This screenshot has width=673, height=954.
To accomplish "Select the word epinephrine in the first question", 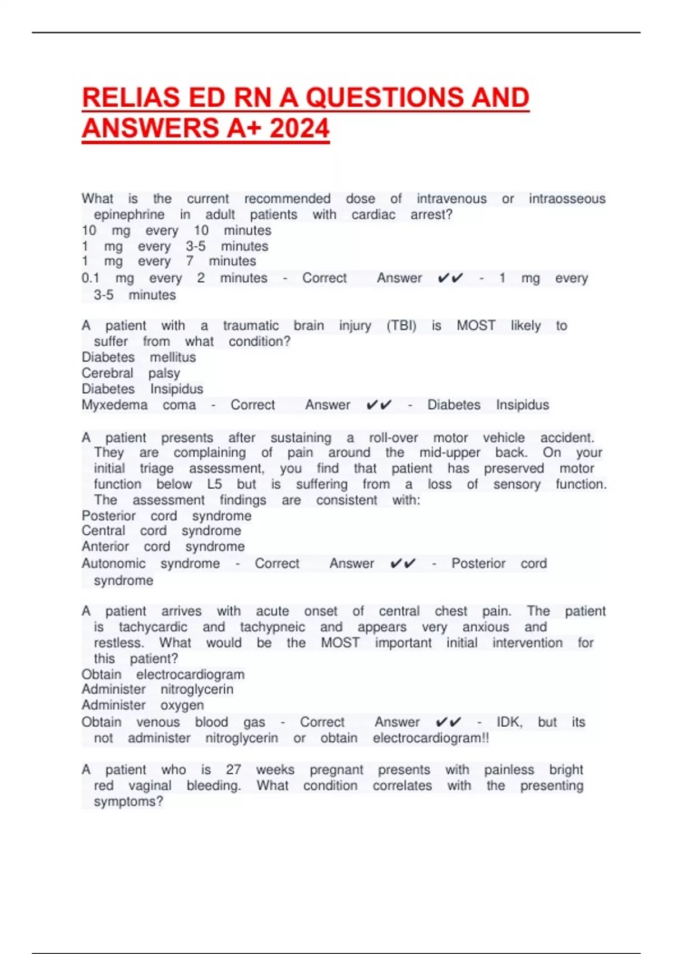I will [129, 214].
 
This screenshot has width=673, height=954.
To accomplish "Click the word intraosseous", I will [567, 199].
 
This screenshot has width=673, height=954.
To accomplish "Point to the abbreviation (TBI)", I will [402, 325].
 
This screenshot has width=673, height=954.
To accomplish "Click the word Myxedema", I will [114, 405].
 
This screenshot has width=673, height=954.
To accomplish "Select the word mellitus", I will [173, 357].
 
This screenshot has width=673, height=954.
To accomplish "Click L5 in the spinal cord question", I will [214, 484].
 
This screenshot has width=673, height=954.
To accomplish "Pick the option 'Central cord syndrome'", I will [161, 531].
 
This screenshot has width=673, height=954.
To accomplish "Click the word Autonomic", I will [113, 563].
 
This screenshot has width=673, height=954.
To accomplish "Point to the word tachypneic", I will [273, 627].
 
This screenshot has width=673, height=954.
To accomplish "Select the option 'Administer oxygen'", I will [142, 705].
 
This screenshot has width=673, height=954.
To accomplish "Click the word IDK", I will [509, 722].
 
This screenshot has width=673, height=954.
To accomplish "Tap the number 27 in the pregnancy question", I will [233, 770].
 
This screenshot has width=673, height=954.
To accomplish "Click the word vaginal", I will [150, 786].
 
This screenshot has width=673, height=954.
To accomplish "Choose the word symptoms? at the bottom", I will [128, 801].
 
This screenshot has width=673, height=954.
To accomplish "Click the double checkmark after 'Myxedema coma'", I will [379, 405].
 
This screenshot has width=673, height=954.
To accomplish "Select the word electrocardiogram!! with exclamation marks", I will [431, 738].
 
